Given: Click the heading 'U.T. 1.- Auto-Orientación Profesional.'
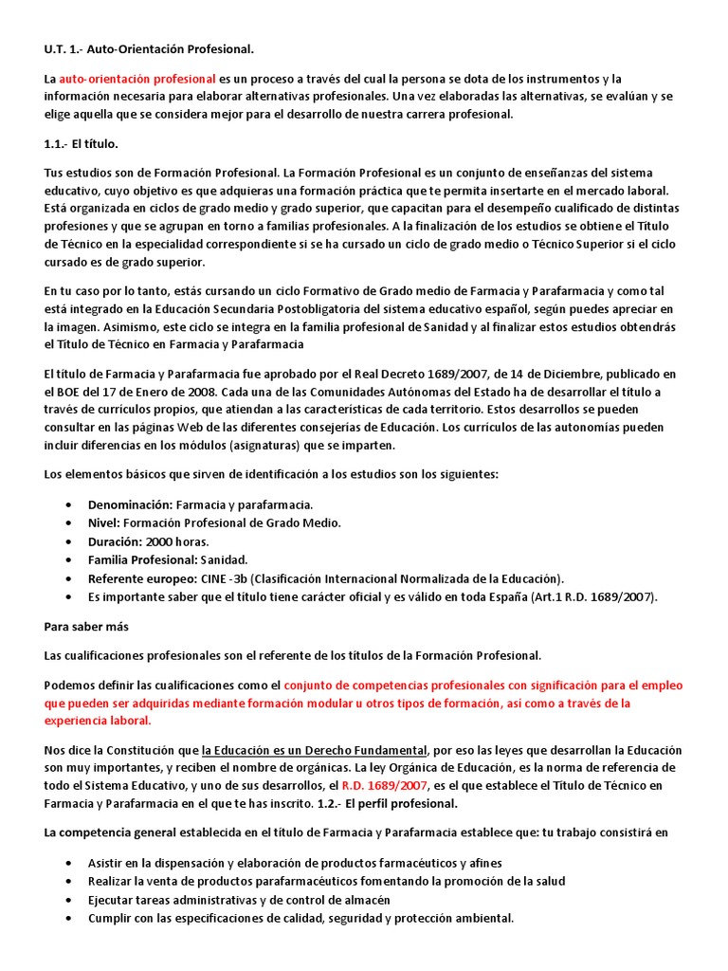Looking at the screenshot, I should coord(150,48).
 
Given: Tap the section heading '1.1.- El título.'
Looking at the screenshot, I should coord(82,143).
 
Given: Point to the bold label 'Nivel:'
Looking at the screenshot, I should coord(103,522).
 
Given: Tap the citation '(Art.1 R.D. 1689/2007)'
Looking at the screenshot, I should coord(584,596).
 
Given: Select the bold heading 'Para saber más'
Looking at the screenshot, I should coord(86,627).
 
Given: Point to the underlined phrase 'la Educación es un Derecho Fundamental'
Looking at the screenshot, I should coord(315,749).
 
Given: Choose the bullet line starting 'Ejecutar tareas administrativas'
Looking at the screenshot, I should coord(239,900).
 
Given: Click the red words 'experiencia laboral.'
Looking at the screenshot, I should coord(98,721).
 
